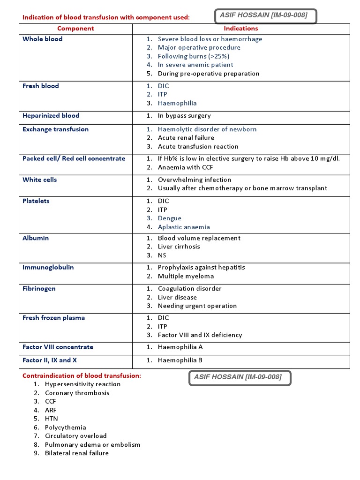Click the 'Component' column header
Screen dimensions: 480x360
(75, 29)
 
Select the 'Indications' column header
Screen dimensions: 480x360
(241, 29)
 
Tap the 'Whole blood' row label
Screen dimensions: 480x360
(42, 39)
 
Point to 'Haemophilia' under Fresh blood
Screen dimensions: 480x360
(177, 103)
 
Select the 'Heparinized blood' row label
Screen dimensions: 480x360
(51, 115)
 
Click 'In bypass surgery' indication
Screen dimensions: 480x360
(184, 116)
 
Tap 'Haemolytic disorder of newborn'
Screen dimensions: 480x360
(207, 129)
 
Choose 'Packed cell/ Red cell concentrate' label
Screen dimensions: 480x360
(74, 158)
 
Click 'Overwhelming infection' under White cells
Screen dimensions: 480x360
(195, 180)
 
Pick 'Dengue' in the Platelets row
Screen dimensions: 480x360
(170, 218)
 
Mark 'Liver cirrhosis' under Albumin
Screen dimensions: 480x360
(179, 247)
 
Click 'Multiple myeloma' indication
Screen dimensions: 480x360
(186, 276)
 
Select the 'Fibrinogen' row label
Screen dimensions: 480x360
(39, 289)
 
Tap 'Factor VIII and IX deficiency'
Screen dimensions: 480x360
(200, 335)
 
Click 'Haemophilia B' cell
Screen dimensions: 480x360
(180, 360)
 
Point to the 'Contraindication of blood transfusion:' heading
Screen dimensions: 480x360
(82, 375)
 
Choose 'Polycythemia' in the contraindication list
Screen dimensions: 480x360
(66, 427)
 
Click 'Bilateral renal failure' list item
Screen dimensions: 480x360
(77, 453)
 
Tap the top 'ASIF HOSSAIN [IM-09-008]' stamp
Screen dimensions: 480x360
(264, 15)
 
